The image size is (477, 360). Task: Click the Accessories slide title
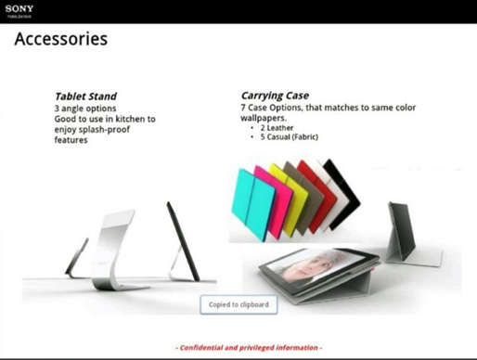tap(60, 40)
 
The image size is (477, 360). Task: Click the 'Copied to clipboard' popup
tap(238, 304)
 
